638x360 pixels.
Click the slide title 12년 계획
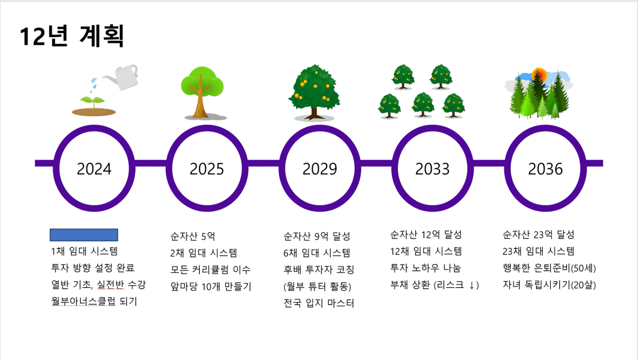click(x=72, y=36)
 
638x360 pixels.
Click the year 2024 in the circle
click(x=94, y=169)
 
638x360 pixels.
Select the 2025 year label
click(x=207, y=169)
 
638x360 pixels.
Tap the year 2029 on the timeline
click(x=320, y=169)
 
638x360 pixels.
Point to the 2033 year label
click(x=432, y=169)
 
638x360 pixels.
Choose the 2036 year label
click(x=545, y=169)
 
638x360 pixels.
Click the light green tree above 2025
click(x=202, y=93)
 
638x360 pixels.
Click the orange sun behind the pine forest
click(x=539, y=75)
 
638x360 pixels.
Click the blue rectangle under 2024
click(x=84, y=235)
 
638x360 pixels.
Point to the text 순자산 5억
click(x=193, y=236)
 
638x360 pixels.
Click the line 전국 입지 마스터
click(x=319, y=303)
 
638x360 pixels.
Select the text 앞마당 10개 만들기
click(x=211, y=287)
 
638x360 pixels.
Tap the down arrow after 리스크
click(x=472, y=285)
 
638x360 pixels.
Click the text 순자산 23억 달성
click(x=538, y=235)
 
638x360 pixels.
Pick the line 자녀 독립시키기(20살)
click(x=549, y=285)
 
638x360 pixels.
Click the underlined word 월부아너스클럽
click(x=83, y=301)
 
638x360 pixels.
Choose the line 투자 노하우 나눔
click(x=425, y=268)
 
